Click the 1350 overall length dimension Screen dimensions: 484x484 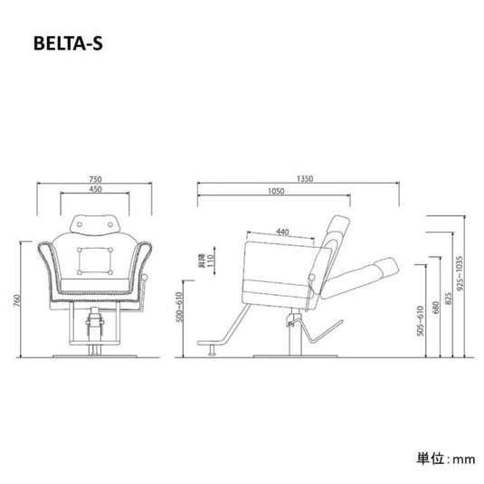[x=305, y=180]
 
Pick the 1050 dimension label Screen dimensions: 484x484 [x=276, y=192]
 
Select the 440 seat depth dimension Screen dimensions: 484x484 [x=282, y=233]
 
